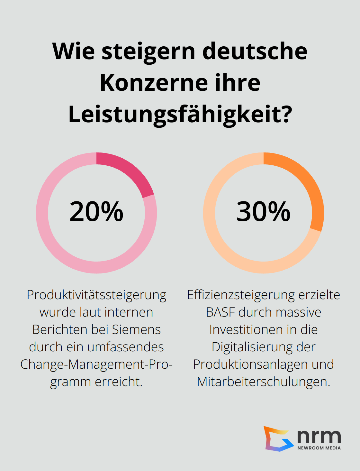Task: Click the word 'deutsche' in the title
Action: pyautogui.click(x=255, y=51)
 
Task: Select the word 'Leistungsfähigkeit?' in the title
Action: pyautogui.click(x=180, y=114)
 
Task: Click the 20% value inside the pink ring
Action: pyautogui.click(x=96, y=212)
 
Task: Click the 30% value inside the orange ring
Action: pyautogui.click(x=264, y=212)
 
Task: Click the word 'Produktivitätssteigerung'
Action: pyautogui.click(x=96, y=295)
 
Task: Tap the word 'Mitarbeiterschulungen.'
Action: pyautogui.click(x=264, y=382)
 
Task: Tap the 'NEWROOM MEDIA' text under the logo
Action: pyautogui.click(x=319, y=448)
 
